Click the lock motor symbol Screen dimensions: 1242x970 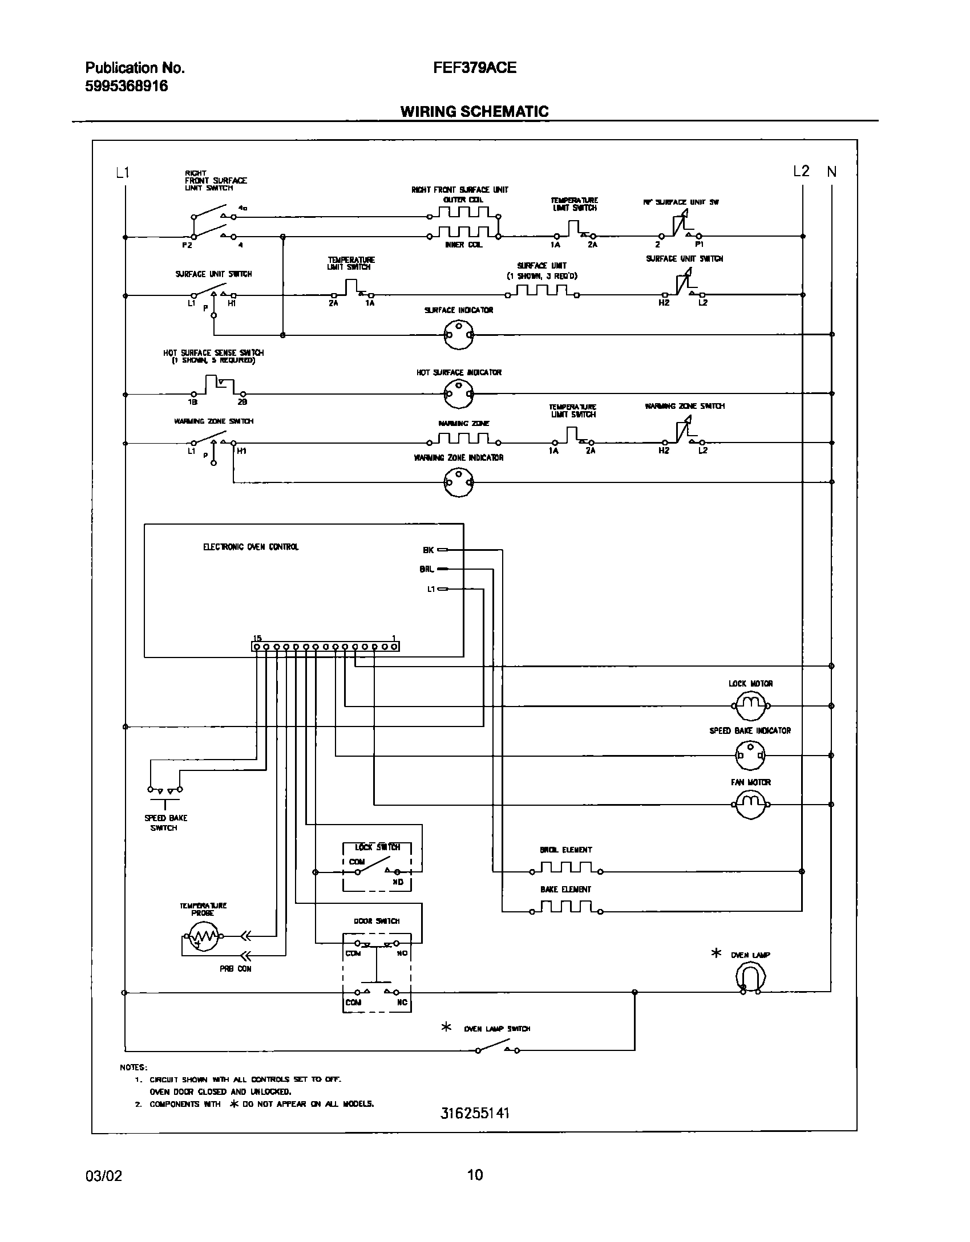click(x=750, y=705)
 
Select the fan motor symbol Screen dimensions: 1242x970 click(x=750, y=805)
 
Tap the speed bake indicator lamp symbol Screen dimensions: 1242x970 click(x=750, y=755)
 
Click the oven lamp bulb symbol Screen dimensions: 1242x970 click(x=750, y=979)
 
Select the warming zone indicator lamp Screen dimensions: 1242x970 click(x=459, y=482)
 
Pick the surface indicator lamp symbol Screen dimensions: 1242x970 click(x=459, y=335)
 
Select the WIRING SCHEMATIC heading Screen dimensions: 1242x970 click(x=474, y=111)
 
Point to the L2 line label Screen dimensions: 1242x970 click(x=801, y=171)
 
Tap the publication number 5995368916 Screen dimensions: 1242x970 click(x=127, y=86)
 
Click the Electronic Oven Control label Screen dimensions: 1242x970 click(x=250, y=547)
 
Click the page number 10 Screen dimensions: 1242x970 click(x=475, y=1191)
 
